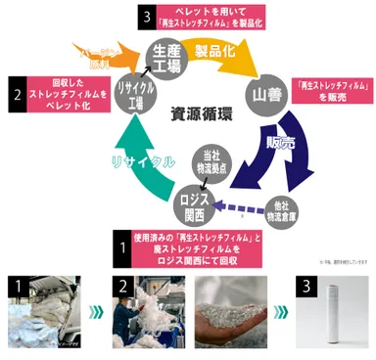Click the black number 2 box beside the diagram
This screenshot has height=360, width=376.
18,96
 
